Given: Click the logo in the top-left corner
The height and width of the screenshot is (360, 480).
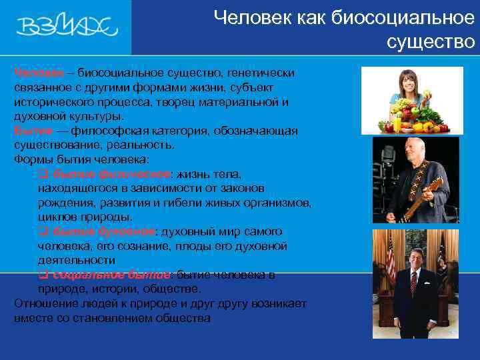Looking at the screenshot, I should (x=67, y=27).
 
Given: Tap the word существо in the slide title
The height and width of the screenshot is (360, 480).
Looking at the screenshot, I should (x=431, y=42).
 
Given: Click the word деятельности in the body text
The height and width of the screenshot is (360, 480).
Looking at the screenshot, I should (x=77, y=260).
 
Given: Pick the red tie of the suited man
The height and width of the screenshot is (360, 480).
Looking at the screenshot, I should (x=414, y=283).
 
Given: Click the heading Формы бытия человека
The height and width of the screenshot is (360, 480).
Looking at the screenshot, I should (x=81, y=159).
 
